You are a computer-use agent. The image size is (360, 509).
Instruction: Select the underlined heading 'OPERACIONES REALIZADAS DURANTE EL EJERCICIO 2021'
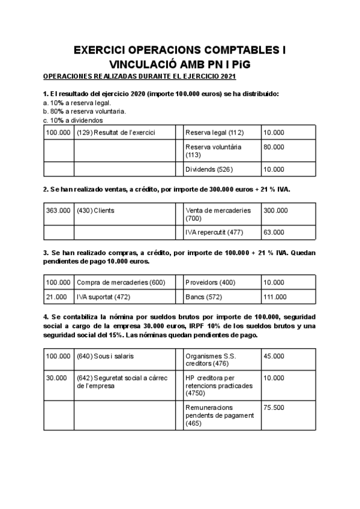(140, 77)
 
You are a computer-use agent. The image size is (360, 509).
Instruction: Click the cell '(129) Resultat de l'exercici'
(116, 133)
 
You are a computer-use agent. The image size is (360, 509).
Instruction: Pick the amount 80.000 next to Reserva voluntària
(274, 146)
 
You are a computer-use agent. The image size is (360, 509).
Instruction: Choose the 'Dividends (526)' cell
(209, 169)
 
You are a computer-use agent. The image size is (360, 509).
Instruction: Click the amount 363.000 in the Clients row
(58, 211)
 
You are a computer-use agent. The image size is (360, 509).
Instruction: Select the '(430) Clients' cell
(96, 211)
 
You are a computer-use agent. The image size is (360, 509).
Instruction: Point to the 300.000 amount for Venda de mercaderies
(276, 211)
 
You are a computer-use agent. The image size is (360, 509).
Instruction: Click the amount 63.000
(274, 232)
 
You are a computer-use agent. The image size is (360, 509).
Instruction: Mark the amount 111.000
(276, 297)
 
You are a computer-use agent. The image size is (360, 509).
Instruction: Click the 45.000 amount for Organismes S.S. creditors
(274, 356)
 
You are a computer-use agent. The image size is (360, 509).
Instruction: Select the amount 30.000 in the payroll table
(56, 378)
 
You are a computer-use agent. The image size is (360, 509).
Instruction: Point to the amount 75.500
(274, 407)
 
